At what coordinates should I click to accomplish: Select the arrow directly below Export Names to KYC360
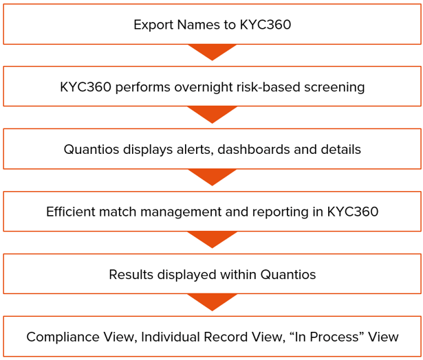click(212, 52)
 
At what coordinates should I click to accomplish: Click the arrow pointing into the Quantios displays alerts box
click(212, 115)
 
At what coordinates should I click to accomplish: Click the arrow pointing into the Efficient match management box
click(212, 177)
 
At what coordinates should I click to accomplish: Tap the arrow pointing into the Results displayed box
click(212, 239)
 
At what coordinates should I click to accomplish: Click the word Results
click(131, 275)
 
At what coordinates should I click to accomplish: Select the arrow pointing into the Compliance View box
click(212, 302)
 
